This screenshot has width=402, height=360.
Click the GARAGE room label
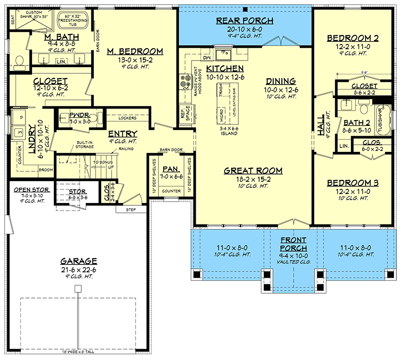click(79, 261)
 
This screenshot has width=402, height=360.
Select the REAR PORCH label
click(245, 20)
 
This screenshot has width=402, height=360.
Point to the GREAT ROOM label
click(253, 171)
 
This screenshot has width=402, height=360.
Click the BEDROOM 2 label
click(352, 38)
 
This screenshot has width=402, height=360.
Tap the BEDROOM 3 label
click(352, 183)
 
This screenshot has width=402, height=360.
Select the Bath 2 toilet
click(364, 109)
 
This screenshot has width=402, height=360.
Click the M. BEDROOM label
click(135, 52)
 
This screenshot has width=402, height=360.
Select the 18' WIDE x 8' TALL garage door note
click(79, 352)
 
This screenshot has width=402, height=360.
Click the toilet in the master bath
click(19, 62)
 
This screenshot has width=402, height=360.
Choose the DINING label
click(280, 81)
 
